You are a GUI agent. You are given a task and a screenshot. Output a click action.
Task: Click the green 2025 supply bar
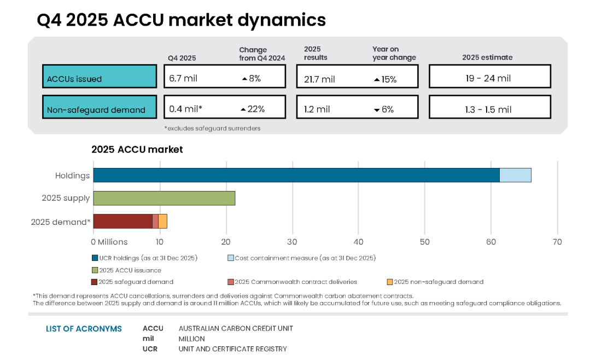164,198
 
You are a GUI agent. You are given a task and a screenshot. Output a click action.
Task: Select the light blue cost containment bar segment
515,175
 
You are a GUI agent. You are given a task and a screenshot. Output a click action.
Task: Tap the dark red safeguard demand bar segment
122,221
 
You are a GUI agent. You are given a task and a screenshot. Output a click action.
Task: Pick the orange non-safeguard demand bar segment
162,221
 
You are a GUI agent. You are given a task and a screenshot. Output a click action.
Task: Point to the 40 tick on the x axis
358,242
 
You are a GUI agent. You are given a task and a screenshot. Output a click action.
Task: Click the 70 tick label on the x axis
557,242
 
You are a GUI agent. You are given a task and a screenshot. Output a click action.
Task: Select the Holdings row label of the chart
72,176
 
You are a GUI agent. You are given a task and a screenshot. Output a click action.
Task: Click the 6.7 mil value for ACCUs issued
183,78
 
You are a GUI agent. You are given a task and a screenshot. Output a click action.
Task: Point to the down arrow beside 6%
376,110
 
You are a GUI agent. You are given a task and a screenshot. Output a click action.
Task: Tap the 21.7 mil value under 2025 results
319,79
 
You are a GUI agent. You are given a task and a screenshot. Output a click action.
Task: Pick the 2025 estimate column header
487,57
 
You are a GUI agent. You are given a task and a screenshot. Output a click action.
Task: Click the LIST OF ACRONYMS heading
84,329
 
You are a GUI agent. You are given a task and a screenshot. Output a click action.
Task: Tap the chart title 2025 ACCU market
137,149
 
